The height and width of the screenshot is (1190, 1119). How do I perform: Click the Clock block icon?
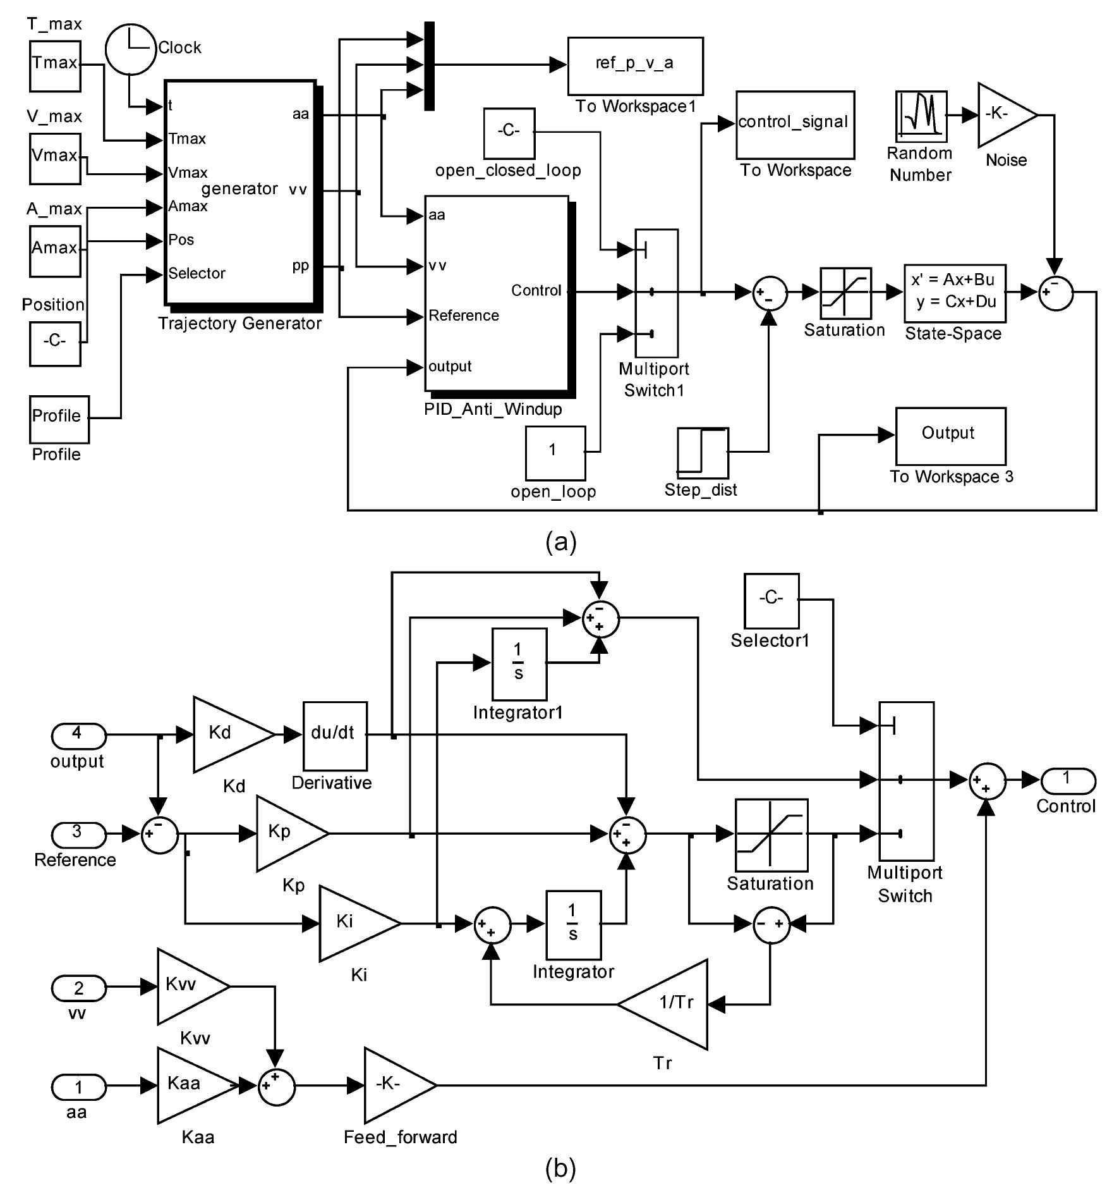tap(130, 49)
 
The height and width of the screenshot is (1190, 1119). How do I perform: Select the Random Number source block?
tap(921, 116)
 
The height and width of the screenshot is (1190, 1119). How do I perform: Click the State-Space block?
tap(954, 293)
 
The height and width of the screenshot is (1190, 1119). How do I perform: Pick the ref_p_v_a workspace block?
tap(635, 65)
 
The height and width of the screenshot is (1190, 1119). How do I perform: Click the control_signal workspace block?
tap(794, 125)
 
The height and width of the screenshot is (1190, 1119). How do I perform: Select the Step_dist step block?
tap(703, 453)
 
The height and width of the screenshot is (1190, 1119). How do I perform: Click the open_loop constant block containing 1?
tap(555, 453)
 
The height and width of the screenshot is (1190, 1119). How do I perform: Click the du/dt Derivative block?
tap(334, 734)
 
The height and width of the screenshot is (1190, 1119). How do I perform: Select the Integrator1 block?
tap(519, 663)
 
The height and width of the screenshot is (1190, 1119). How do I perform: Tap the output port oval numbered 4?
tap(78, 735)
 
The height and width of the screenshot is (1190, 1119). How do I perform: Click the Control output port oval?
tap(1067, 780)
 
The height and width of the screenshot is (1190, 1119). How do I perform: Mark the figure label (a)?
tap(560, 542)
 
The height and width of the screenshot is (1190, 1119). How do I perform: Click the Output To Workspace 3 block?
tap(950, 436)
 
